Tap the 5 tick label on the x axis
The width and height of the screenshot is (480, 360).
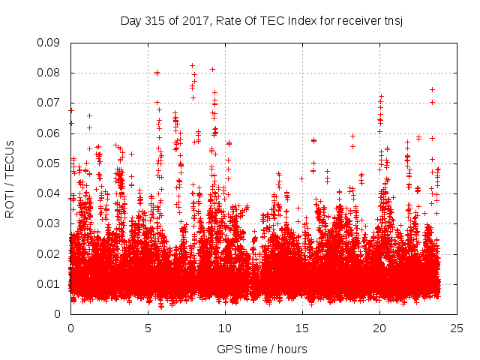coord(148,328)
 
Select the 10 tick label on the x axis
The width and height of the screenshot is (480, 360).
coord(225,328)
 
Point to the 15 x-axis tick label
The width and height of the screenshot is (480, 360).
coord(302,328)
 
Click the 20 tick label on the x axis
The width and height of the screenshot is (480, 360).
coord(379,328)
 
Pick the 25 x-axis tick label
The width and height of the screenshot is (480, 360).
coord(457,328)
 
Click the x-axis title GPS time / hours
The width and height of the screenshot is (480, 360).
coord(263,349)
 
